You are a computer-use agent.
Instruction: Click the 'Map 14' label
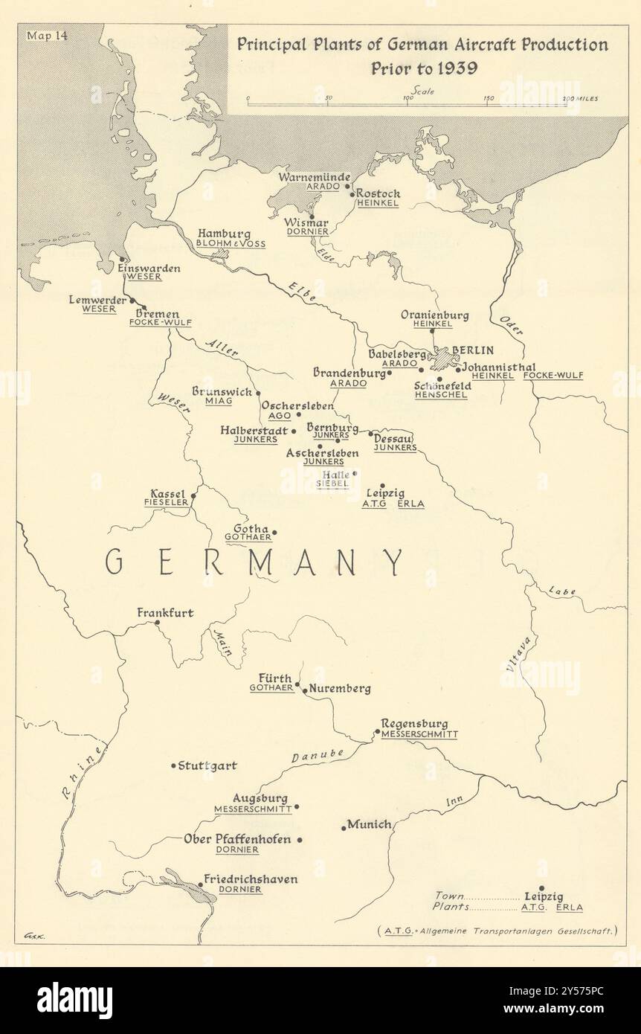point(45,35)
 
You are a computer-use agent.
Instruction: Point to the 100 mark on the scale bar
point(408,97)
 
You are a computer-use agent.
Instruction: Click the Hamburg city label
point(224,234)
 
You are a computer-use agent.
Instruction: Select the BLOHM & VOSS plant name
point(231,244)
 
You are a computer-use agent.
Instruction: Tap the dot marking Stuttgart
point(174,765)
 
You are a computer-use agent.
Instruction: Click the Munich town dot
point(344,826)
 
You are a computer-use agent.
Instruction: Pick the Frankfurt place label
point(165,613)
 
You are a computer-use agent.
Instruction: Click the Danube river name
point(318,755)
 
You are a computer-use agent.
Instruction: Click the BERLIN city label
point(473,350)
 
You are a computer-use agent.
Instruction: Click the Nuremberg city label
point(341,689)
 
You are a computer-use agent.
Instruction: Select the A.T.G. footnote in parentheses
point(497,931)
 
